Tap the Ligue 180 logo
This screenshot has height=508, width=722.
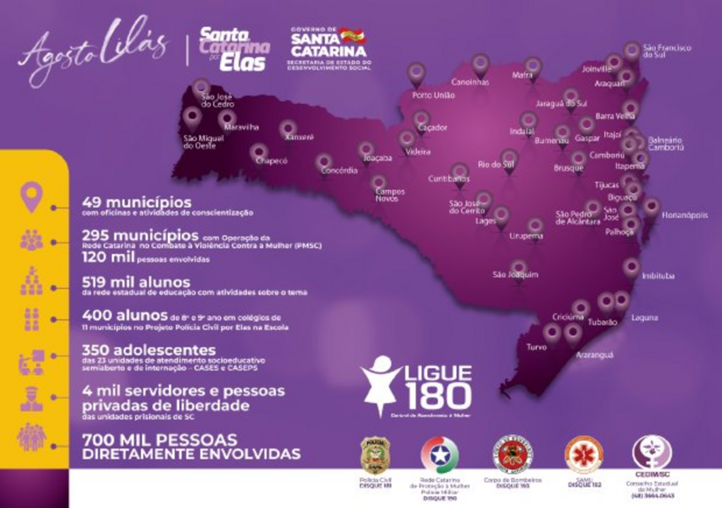[416, 386]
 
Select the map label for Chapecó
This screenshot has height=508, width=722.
[271, 161]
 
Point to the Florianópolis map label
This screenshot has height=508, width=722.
[684, 215]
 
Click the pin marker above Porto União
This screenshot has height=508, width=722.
[417, 73]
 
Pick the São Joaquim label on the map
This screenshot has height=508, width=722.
[515, 274]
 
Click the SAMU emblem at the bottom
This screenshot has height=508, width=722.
[584, 454]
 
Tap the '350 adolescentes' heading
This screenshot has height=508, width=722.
[149, 349]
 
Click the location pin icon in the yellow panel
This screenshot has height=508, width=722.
[31, 197]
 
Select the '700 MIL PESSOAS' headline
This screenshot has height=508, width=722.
[159, 439]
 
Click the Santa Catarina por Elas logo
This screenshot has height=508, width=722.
[234, 49]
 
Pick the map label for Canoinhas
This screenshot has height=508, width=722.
[470, 82]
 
